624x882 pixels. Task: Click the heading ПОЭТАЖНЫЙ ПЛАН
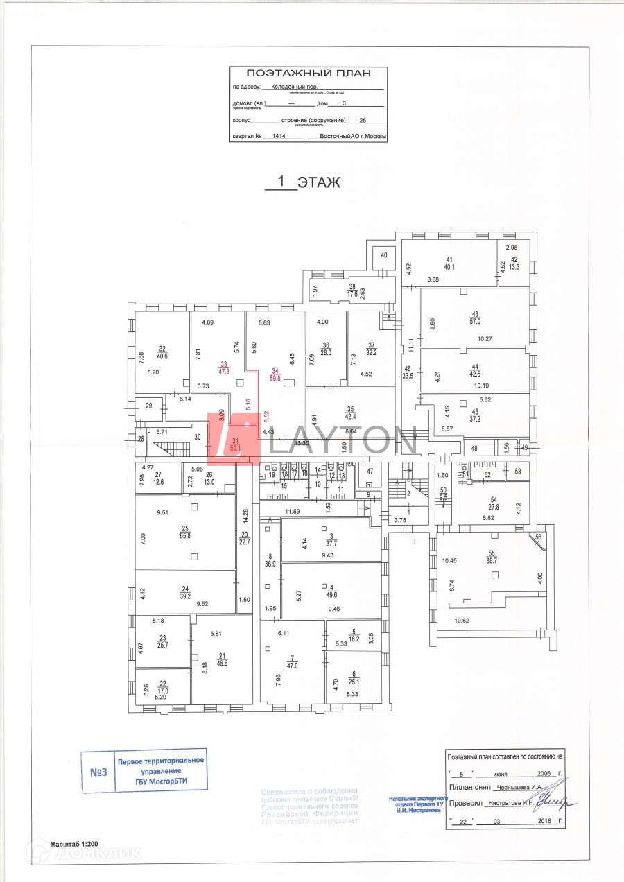(309, 73)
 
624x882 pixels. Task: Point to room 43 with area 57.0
(475, 318)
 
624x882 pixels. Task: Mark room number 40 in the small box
(383, 256)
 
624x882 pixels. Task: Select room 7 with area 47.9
(293, 661)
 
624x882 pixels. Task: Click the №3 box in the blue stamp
(98, 771)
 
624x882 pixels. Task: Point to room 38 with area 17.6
(352, 290)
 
